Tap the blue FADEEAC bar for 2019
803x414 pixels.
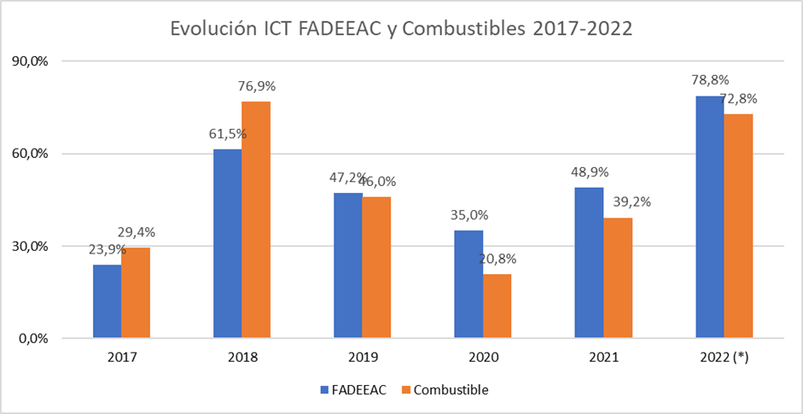(x=347, y=265)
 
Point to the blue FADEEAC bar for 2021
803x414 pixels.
(x=589, y=263)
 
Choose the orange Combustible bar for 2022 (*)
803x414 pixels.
(x=739, y=226)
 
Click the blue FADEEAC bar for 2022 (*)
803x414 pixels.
(x=710, y=217)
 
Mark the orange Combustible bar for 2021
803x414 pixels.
(x=618, y=277)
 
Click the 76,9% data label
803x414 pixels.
(x=257, y=86)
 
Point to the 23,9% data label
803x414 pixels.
(x=107, y=249)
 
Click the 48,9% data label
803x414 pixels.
(x=590, y=172)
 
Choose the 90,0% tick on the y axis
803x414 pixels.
(x=31, y=61)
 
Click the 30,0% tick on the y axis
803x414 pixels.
(x=31, y=246)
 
